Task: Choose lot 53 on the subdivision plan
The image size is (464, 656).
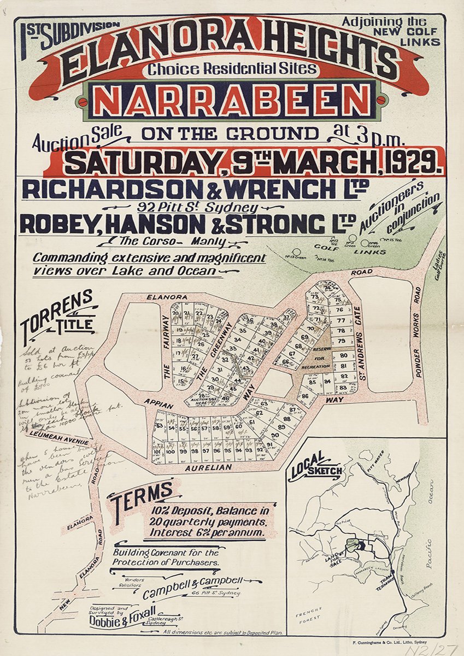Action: pos(160,425)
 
